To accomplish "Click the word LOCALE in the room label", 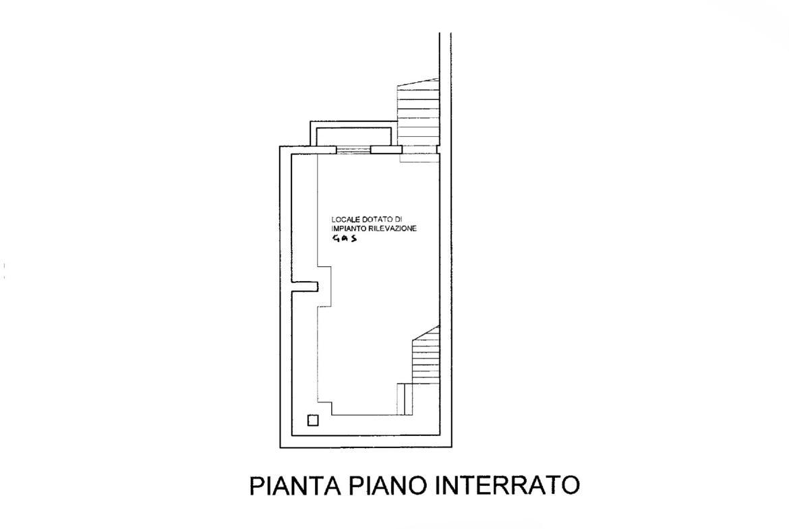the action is tap(342, 220).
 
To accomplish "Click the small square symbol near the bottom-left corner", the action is tap(313, 420).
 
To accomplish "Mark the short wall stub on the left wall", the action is tap(305, 286).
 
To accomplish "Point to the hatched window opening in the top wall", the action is tap(353, 150).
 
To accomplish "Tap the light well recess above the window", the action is tap(353, 133).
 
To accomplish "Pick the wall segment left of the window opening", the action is tap(308, 150).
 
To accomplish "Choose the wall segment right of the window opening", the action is tap(386, 150).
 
